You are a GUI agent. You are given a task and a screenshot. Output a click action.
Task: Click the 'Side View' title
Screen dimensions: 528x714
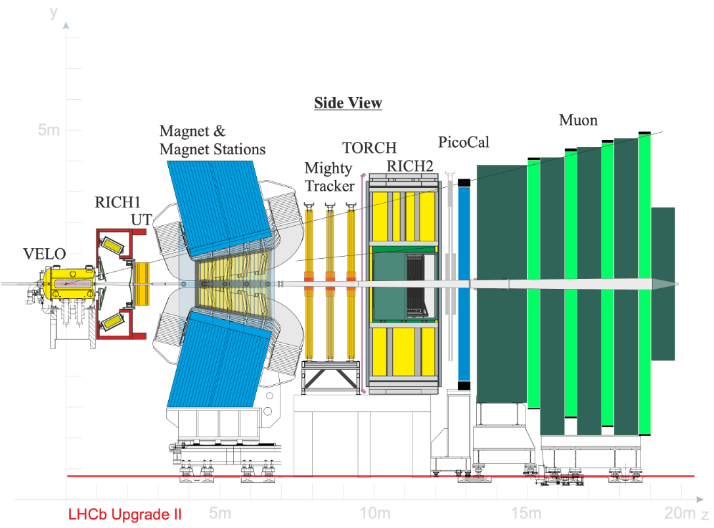[347, 103]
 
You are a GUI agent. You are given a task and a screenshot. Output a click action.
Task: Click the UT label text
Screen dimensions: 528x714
[141, 220]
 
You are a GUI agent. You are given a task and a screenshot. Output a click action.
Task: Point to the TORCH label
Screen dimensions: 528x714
[369, 147]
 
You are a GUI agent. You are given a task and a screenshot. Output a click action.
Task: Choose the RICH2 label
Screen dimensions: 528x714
[410, 166]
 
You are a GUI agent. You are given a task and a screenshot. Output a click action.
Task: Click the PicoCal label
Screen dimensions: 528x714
[464, 142]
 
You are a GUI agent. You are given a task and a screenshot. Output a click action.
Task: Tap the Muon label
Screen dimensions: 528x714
[578, 120]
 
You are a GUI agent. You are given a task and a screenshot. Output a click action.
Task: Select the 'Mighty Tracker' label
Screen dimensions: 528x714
[329, 177]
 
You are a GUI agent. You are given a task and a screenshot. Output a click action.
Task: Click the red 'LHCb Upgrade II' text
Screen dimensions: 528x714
[125, 515]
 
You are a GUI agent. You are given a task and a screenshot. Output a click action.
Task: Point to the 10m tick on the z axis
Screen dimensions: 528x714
[375, 512]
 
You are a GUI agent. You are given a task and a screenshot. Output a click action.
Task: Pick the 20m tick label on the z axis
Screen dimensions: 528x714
[679, 512]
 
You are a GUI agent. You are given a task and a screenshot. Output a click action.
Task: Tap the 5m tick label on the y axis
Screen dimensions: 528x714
[49, 130]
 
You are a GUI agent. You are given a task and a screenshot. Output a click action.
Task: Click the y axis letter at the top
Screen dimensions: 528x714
[54, 12]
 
